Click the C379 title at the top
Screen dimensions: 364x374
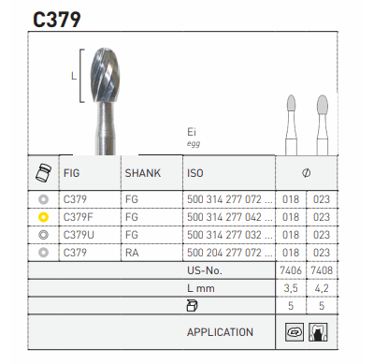(56, 18)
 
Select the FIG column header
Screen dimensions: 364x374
(71, 173)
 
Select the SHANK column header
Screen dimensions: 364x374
(143, 173)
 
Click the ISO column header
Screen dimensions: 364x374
(195, 173)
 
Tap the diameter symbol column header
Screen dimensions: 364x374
(306, 173)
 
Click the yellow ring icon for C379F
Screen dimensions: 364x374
(42, 217)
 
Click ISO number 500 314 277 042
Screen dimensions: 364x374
(229, 217)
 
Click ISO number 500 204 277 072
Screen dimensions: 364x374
(229, 252)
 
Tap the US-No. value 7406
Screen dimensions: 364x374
(292, 270)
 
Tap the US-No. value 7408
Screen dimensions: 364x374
(322, 270)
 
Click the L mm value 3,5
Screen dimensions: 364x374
(292, 288)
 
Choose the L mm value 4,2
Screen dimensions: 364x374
(322, 288)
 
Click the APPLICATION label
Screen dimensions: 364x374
(220, 332)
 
